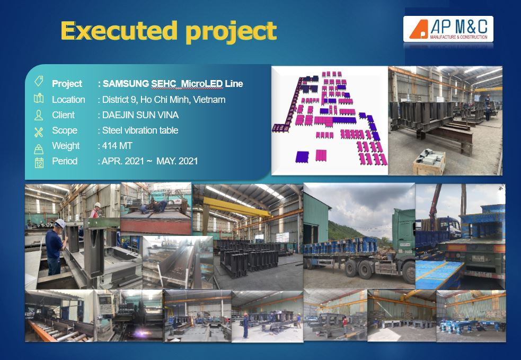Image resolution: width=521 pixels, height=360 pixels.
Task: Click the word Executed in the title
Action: coord(119,31)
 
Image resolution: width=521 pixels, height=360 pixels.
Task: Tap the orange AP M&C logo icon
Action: coord(419,29)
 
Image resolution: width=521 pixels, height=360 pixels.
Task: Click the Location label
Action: coord(68,99)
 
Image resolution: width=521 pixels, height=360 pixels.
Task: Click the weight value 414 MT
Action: coord(117,146)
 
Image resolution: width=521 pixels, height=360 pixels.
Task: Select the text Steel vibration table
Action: coord(140,130)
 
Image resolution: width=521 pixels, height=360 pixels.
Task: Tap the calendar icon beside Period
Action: coord(39,162)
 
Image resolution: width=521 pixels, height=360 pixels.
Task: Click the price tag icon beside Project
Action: coord(39,81)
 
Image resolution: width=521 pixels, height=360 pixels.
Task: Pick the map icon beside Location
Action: coord(39,98)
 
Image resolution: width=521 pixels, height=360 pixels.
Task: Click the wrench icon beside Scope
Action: coord(39,132)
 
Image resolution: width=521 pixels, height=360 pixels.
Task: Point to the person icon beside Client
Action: coord(39,115)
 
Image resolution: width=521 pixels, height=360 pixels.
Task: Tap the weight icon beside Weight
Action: coord(39,149)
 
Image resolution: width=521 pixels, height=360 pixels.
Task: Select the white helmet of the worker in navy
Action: coord(60,223)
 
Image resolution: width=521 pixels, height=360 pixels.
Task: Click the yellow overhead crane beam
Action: coord(236,207)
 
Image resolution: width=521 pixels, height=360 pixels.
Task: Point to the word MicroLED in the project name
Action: coord(201,84)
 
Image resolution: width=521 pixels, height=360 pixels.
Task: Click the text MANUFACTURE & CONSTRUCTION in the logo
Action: coord(459,37)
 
